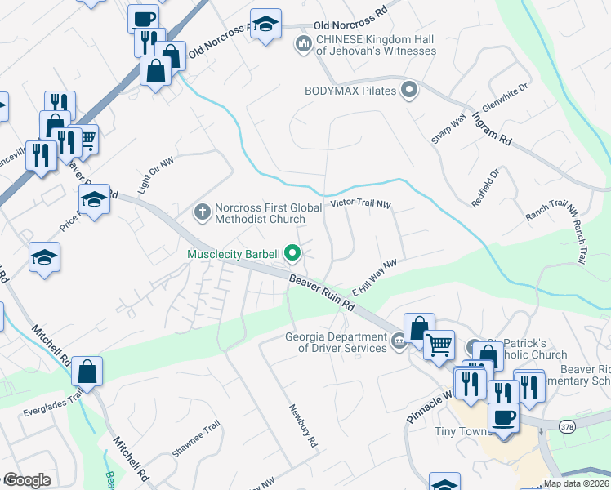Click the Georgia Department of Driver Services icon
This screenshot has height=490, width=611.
click(x=398, y=341)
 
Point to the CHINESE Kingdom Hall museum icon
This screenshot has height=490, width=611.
click(x=303, y=42)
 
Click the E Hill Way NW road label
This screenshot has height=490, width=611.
click(x=374, y=277)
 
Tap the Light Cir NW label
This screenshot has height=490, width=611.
click(x=155, y=175)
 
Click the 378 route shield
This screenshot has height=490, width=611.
click(x=569, y=425)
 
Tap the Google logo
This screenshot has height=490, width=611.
click(x=26, y=480)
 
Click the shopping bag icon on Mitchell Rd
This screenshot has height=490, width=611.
click(x=87, y=372)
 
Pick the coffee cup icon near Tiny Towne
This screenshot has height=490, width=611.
click(x=503, y=419)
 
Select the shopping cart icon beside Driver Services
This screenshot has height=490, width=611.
click(x=439, y=347)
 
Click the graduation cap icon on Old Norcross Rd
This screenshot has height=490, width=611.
click(x=265, y=24)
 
